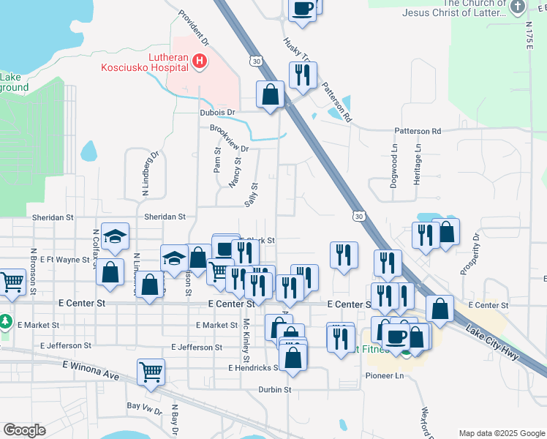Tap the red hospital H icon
click(199, 62)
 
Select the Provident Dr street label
click(194, 27)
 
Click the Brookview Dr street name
click(230, 138)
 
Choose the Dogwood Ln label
click(393, 166)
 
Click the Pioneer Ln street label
click(385, 375)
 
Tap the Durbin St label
click(275, 390)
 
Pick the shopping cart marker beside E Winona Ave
click(151, 371)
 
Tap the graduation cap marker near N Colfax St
click(116, 236)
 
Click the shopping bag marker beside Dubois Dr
click(270, 94)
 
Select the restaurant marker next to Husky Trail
click(302, 75)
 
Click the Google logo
click(24, 430)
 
